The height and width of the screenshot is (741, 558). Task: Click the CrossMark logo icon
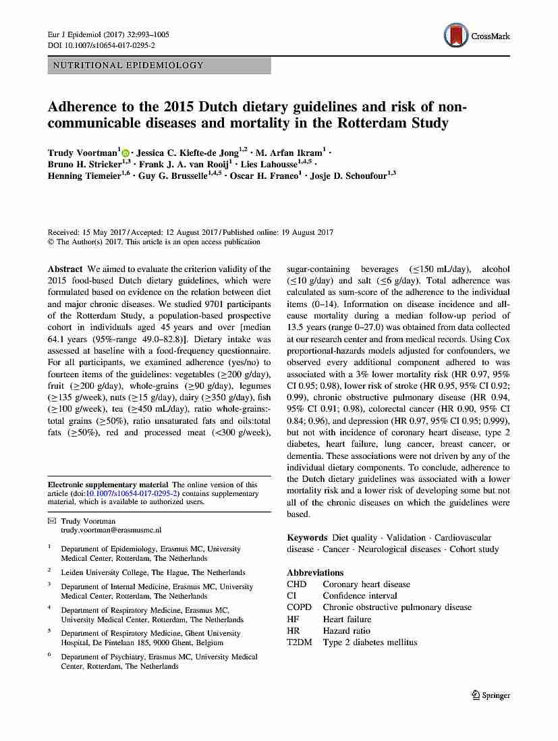click(x=457, y=35)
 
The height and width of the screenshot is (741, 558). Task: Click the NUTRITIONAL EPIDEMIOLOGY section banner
click(x=159, y=65)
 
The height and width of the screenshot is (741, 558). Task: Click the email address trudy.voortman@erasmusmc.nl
click(x=111, y=531)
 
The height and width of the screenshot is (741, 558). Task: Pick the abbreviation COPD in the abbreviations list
click(x=299, y=607)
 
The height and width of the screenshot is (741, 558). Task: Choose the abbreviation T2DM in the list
click(x=300, y=642)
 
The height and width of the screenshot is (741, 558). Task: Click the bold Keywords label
click(x=307, y=538)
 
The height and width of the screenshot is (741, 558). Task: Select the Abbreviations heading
click(x=315, y=573)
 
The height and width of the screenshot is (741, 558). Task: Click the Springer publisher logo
click(x=491, y=695)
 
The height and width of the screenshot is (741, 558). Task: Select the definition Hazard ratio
click(x=346, y=630)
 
